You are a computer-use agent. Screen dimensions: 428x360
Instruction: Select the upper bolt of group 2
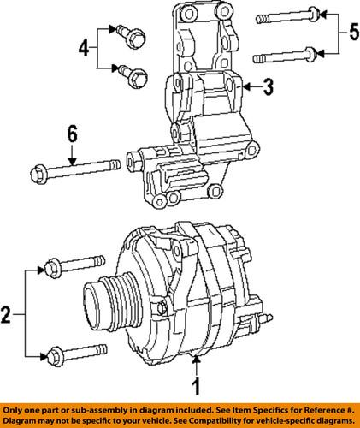(72, 267)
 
